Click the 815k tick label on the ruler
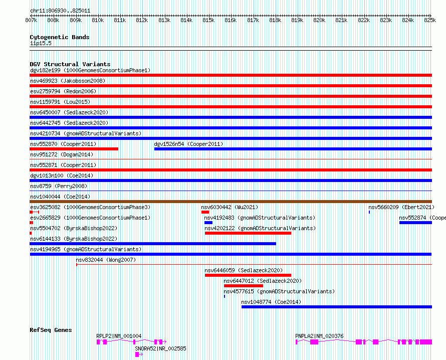pos(208,20)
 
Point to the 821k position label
pos(341,20)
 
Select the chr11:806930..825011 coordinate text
pos(60,11)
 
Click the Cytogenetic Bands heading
pos(60,37)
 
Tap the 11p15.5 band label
pos(41,43)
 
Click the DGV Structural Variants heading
pos(70,64)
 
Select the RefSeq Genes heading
pos(51,330)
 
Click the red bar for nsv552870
pos(74,149)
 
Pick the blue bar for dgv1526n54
pos(293,149)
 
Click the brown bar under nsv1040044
pos(231,202)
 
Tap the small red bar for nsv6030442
pos(205,212)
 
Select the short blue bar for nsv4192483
pos(208,223)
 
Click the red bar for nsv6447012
pos(244,286)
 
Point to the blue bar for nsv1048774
pos(337,307)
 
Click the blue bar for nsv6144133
pos(153,244)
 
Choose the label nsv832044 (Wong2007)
pos(106,260)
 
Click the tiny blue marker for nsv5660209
pos(369,212)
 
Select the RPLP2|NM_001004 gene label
pos(119,336)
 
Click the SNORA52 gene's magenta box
pos(137,354)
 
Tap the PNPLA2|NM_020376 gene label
pos(319,336)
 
